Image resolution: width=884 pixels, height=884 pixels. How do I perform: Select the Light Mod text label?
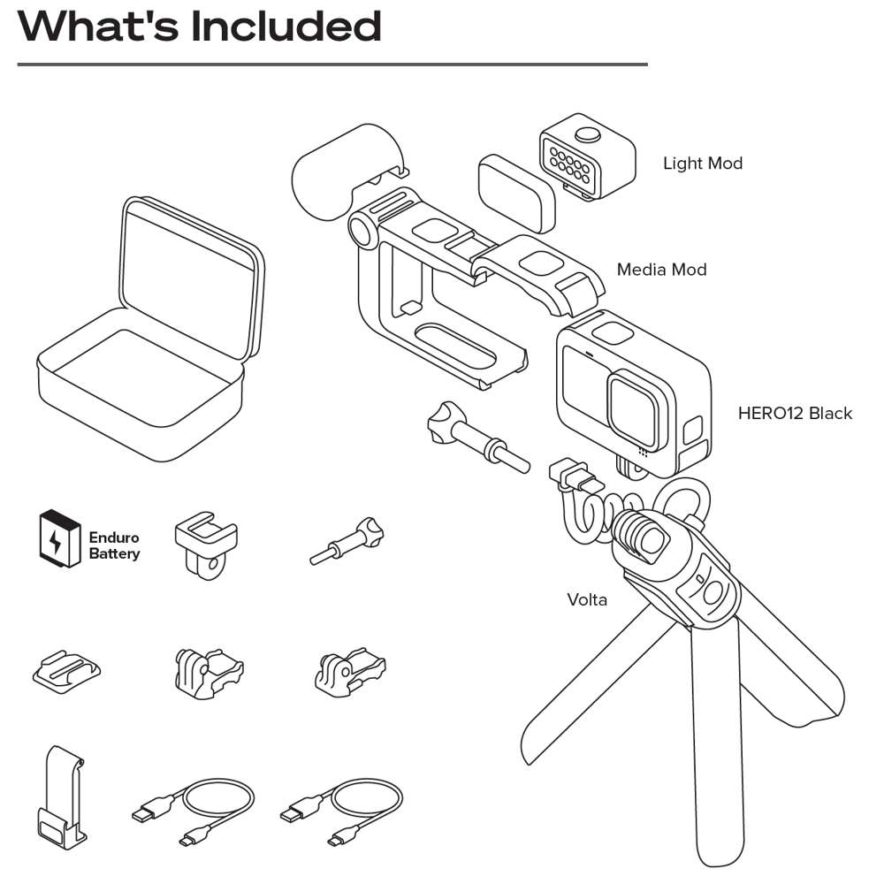coord(703,164)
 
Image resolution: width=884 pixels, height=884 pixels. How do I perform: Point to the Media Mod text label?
coord(661,270)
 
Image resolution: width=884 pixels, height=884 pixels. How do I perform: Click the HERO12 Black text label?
coord(795,413)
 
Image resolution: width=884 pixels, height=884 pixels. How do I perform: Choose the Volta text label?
coord(587,599)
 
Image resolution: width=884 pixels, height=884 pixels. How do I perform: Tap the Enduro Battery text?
coord(114,545)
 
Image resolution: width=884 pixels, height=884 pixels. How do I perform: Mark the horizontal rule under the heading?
coord(332,65)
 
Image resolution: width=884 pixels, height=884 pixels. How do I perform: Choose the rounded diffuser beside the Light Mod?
coord(516,192)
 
